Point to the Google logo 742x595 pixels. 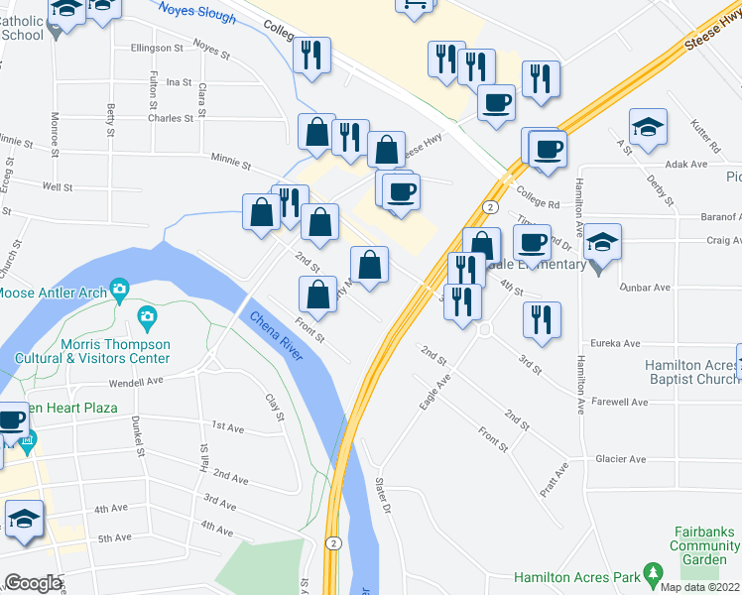pos(33,583)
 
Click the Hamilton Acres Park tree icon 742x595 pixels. pos(653,572)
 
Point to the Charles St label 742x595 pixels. pos(171,117)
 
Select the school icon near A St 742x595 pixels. pos(648,127)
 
